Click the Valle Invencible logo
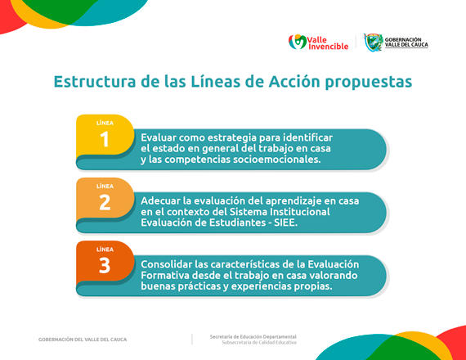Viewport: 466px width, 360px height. click(318, 42)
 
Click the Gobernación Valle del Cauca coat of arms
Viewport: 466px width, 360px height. click(373, 42)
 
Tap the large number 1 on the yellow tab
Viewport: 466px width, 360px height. click(105, 140)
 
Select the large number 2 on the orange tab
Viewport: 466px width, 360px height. click(105, 203)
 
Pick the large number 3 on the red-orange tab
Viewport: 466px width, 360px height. click(105, 266)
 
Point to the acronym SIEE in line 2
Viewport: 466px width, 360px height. click(283, 223)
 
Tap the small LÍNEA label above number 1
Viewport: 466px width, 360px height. click(105, 123)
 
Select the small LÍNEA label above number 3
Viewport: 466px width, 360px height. click(105, 249)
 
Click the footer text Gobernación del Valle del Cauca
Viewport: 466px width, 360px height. click(83, 339)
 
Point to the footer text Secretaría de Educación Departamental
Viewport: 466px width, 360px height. click(253, 335)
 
